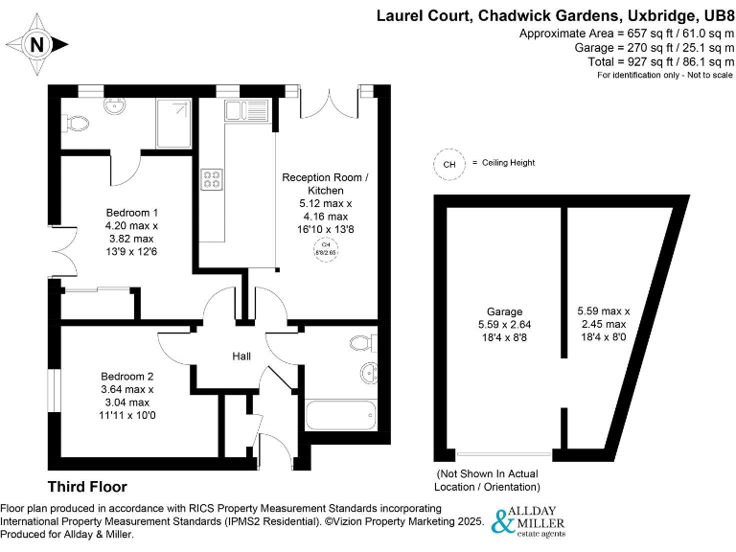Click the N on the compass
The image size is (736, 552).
[36, 44]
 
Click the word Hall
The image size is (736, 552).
[241, 356]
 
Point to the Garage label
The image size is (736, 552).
[505, 312]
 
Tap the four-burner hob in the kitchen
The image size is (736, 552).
[212, 178]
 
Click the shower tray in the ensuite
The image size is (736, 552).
[173, 122]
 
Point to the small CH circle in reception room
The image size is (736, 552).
[326, 248]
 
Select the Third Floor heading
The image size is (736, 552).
[87, 487]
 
